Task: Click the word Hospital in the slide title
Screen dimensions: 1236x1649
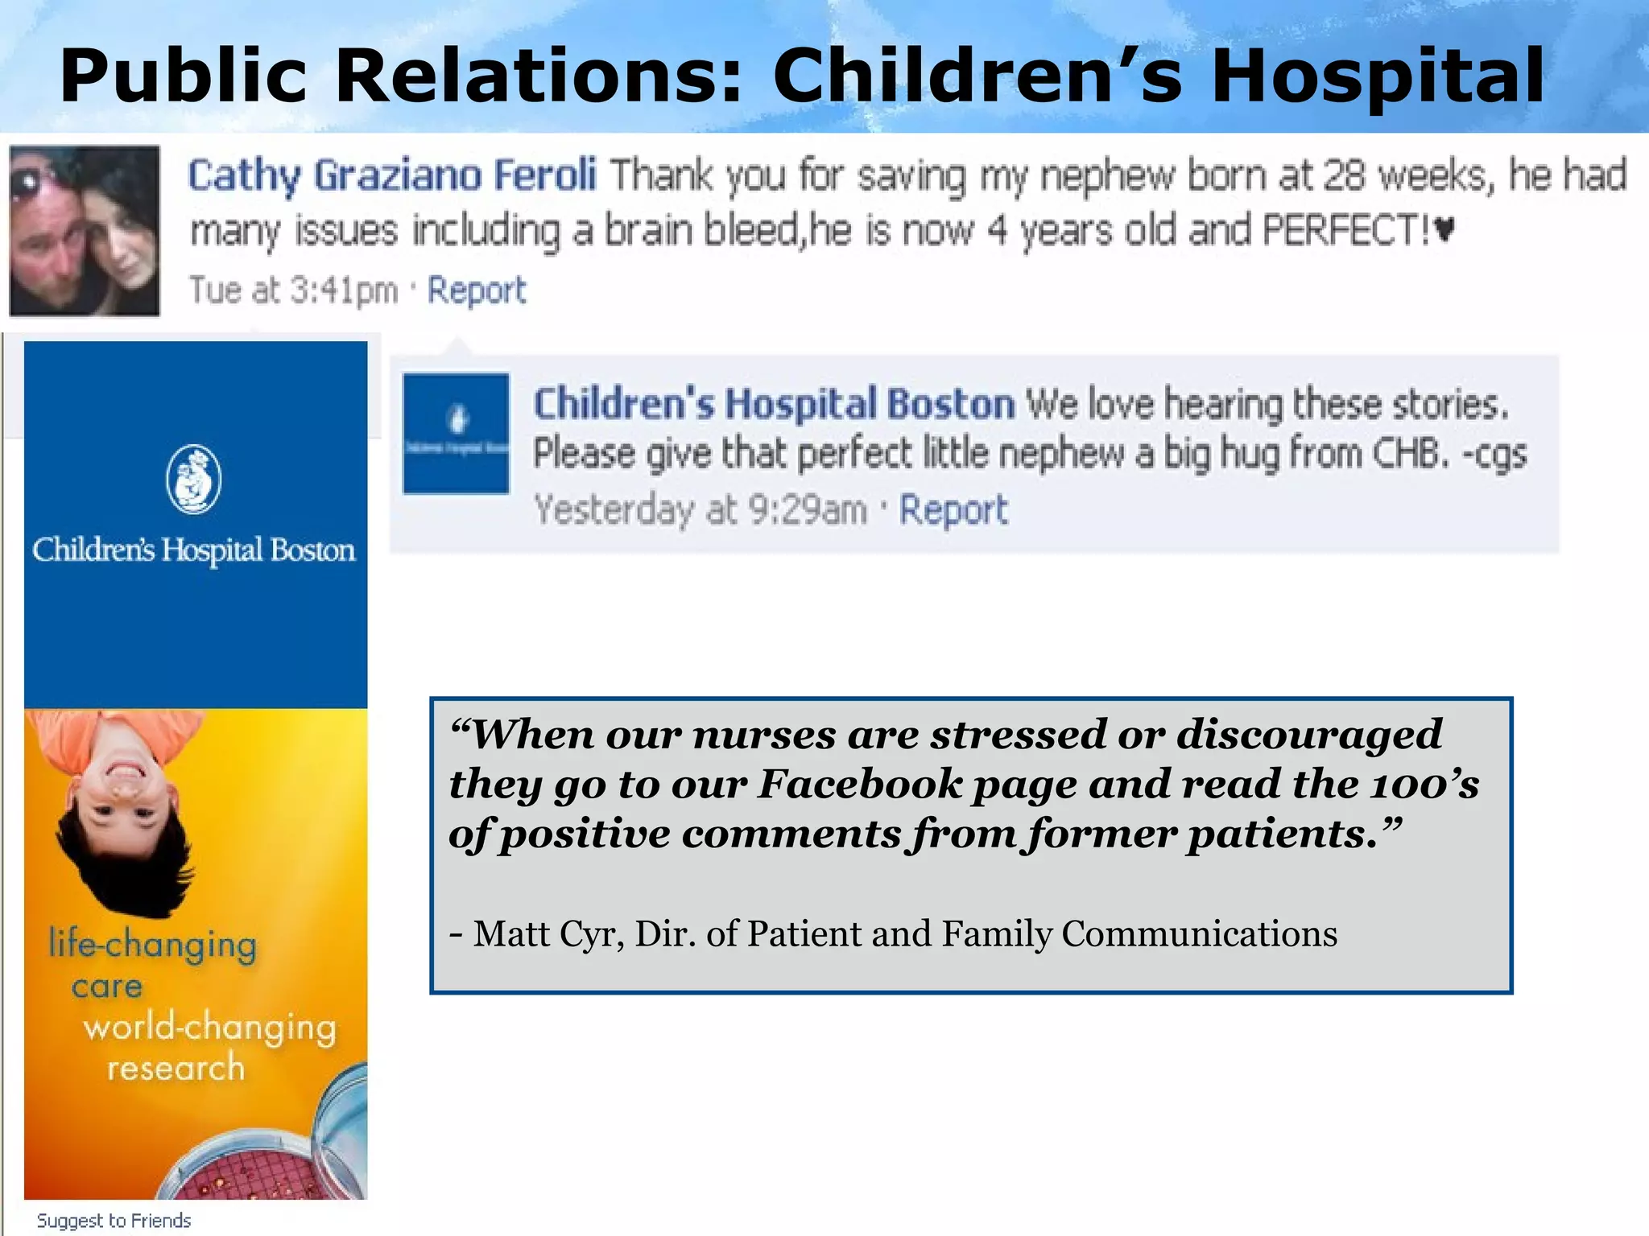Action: click(1377, 76)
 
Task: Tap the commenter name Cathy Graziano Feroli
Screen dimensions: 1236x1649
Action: click(391, 175)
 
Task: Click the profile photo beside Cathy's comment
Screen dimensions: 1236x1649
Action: click(85, 231)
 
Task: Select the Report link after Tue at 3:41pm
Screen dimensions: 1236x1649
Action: click(476, 290)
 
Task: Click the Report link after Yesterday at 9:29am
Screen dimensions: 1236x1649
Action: click(953, 509)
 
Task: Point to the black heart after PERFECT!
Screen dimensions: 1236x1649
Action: click(1444, 231)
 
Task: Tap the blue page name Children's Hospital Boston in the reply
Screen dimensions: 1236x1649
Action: click(774, 403)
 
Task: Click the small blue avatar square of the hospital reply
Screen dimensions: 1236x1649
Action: click(456, 433)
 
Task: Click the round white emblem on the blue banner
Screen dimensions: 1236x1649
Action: click(193, 479)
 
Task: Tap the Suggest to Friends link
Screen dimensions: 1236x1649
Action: click(114, 1220)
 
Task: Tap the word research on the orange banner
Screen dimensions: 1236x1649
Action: click(176, 1068)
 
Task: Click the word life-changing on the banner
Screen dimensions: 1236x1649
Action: click(153, 944)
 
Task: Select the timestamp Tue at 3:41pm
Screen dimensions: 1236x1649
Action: click(293, 290)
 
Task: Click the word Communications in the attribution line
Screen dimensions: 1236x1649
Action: click(1199, 933)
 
